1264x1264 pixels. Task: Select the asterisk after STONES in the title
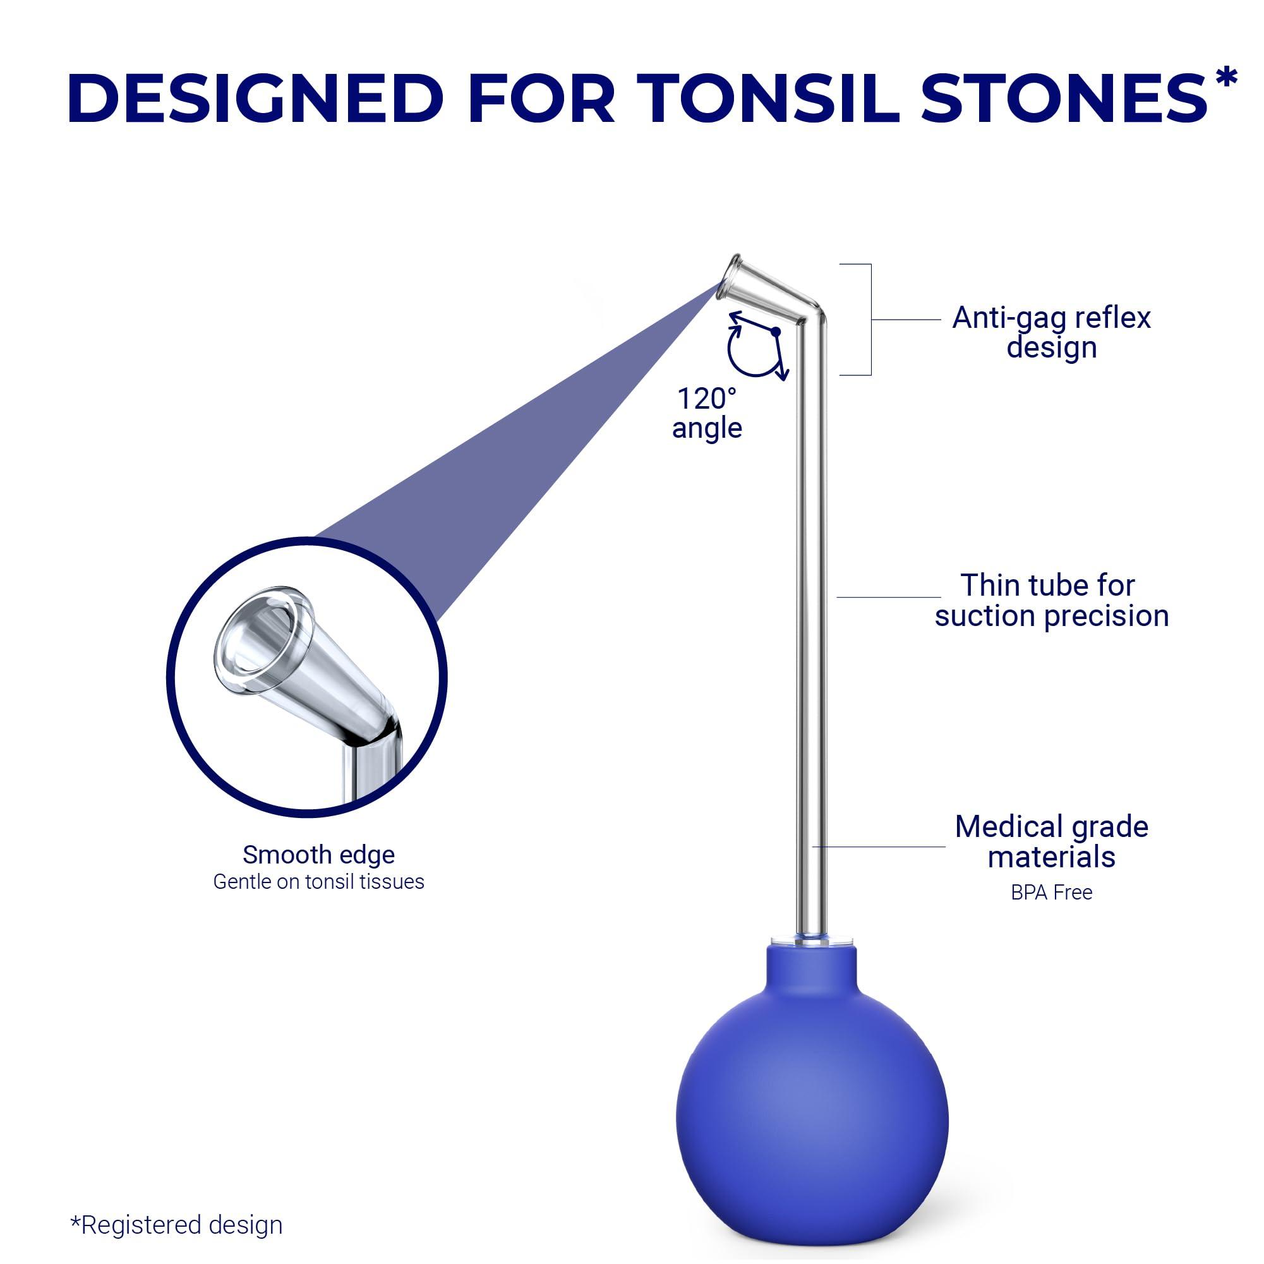pos(1225,77)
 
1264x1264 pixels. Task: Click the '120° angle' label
pos(707,414)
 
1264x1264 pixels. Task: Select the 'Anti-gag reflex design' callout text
pos(1050,332)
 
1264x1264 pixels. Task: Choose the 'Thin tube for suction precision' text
pos(1050,600)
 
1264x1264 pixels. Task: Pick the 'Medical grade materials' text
pos(1050,841)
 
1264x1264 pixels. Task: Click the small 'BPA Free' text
pos(1050,893)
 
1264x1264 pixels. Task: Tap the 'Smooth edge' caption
pos(318,855)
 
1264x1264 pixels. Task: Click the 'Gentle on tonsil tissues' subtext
pos(318,882)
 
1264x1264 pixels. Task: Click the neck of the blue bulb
pos(810,965)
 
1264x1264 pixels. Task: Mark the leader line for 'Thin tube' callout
pos(888,597)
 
